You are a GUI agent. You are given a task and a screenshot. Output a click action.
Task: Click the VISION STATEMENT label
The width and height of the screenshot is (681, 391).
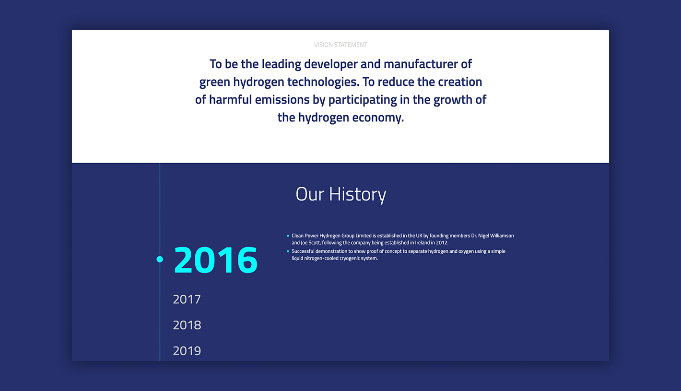click(340, 45)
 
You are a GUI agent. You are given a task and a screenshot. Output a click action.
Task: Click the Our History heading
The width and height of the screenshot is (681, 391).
click(340, 194)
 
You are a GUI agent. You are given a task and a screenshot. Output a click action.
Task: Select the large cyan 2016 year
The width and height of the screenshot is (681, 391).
click(215, 260)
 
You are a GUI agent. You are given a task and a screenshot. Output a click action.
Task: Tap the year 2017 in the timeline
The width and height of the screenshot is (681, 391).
click(187, 299)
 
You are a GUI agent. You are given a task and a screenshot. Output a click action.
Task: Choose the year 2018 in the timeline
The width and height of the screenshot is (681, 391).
click(187, 325)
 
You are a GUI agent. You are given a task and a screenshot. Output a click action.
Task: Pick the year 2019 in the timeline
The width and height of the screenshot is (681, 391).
click(187, 351)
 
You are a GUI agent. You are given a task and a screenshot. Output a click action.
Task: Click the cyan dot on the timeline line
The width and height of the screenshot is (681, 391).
click(160, 259)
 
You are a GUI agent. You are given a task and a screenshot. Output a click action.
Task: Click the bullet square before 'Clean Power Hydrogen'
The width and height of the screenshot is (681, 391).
click(288, 236)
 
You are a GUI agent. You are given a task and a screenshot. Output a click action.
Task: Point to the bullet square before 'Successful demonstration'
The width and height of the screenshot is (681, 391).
click(288, 251)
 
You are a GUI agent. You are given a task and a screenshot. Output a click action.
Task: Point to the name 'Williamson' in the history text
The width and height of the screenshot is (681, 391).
click(499, 236)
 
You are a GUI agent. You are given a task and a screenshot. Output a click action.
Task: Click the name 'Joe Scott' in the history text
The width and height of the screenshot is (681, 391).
click(310, 243)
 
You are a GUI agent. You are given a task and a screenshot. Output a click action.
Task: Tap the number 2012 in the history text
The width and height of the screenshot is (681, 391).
click(441, 243)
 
